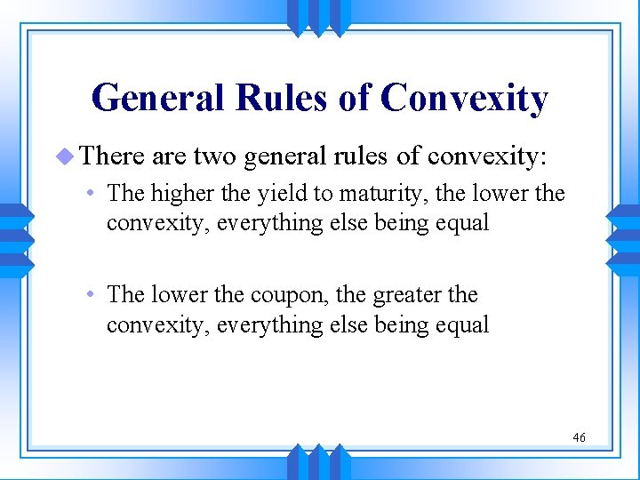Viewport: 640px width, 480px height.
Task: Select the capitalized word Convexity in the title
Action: pos(464,98)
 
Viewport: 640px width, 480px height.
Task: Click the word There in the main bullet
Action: pos(113,157)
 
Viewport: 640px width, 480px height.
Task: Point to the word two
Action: pos(214,157)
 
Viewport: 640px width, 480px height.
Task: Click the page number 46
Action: pos(579,436)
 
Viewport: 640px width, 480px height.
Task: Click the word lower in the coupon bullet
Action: pos(178,295)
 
